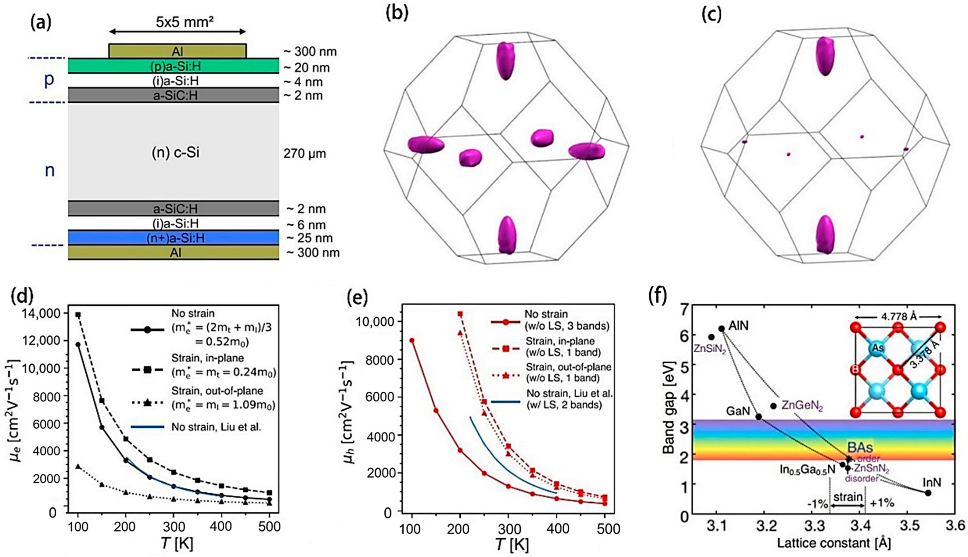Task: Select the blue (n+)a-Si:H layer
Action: [173, 238]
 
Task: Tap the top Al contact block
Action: [177, 51]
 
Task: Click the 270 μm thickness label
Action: [305, 154]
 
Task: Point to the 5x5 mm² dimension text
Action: [185, 22]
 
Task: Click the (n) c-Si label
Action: [176, 153]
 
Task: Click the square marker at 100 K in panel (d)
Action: [78, 315]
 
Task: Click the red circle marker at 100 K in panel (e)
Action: [412, 340]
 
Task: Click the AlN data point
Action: [721, 328]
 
